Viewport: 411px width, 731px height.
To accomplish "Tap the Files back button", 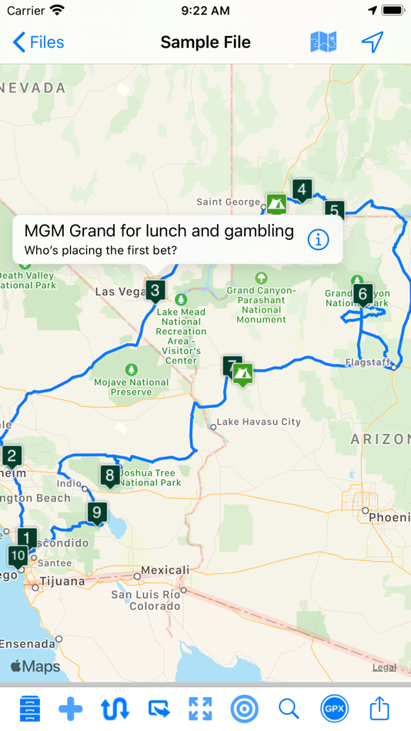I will click(38, 42).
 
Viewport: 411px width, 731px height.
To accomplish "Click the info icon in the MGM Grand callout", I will click(318, 239).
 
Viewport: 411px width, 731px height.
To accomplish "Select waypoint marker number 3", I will click(155, 291).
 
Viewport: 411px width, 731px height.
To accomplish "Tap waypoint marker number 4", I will click(302, 189).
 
